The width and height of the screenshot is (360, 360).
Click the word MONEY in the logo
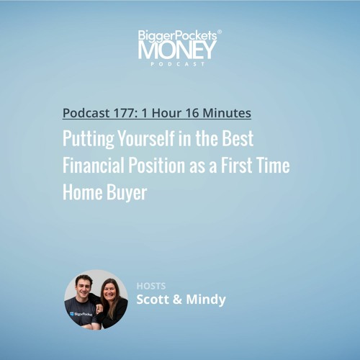(x=177, y=50)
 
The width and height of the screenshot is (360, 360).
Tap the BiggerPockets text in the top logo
(x=177, y=36)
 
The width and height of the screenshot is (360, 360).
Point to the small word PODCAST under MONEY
(x=178, y=64)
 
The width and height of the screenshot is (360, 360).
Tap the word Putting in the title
(x=89, y=139)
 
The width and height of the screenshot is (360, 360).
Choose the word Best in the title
(x=238, y=138)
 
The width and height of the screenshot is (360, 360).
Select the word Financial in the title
(x=94, y=166)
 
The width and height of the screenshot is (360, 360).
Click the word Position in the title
(x=157, y=166)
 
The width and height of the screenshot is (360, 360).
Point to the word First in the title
(x=236, y=166)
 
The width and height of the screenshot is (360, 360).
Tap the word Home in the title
(x=83, y=192)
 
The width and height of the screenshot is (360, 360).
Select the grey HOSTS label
(x=151, y=286)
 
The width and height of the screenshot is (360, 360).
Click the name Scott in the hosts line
(x=153, y=300)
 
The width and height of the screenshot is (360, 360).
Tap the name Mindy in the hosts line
(x=206, y=300)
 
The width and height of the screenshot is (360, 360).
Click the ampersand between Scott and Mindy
(x=177, y=300)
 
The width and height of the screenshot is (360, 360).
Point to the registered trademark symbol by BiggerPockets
(x=220, y=32)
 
